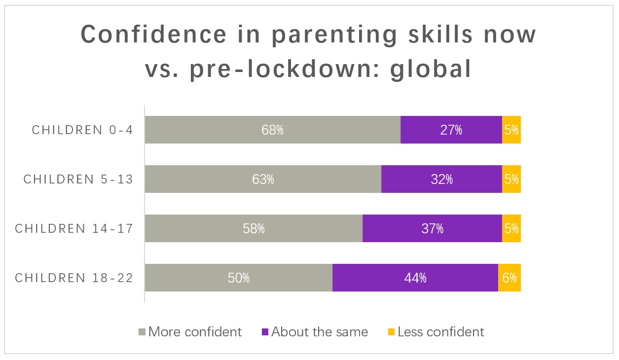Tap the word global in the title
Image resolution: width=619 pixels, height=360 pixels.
430,69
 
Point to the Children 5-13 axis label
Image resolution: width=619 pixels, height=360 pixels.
78,179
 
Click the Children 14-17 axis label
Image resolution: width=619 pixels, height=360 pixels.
74,228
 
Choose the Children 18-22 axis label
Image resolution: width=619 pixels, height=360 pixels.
74,278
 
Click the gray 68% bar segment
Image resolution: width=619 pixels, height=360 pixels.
272,130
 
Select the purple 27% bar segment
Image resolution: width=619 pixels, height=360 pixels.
451,130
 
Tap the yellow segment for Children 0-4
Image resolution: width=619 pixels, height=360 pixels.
511,130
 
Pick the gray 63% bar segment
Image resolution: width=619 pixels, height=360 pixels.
263,179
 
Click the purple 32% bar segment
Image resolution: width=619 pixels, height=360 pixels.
441,179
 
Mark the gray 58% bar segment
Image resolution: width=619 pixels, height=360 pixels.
254,228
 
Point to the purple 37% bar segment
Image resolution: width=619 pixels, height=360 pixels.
432,228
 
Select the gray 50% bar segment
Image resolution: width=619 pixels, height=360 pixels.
238,278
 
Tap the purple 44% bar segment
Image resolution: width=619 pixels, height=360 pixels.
415,278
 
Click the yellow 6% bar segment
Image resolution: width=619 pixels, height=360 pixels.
509,278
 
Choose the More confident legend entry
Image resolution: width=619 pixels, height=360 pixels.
190,332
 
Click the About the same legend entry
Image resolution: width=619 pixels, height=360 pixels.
314,332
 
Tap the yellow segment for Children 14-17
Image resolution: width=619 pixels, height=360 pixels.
511,228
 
